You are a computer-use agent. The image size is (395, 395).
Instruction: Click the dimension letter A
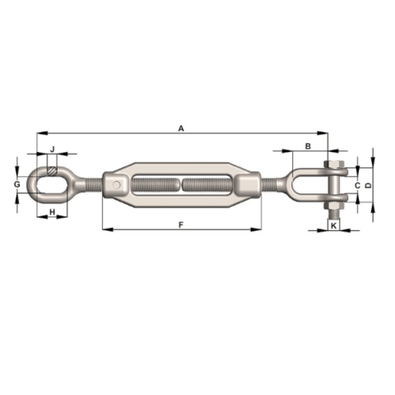coord(180,128)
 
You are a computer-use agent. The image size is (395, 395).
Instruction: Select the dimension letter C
coord(356,186)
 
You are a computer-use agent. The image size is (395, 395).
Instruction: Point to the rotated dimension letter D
coord(368,186)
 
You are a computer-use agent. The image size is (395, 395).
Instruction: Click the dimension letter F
coord(180,224)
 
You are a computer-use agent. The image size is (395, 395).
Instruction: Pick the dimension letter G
coord(17,185)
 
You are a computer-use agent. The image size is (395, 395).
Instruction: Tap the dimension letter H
coord(53,213)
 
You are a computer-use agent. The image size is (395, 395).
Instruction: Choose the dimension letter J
coord(52,149)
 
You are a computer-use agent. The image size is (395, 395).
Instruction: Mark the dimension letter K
coord(334,224)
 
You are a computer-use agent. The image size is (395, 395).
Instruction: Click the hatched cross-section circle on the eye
coord(53,172)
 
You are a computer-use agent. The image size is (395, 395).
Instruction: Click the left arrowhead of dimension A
coord(39,133)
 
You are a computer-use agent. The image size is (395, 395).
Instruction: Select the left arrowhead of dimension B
coord(284,151)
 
